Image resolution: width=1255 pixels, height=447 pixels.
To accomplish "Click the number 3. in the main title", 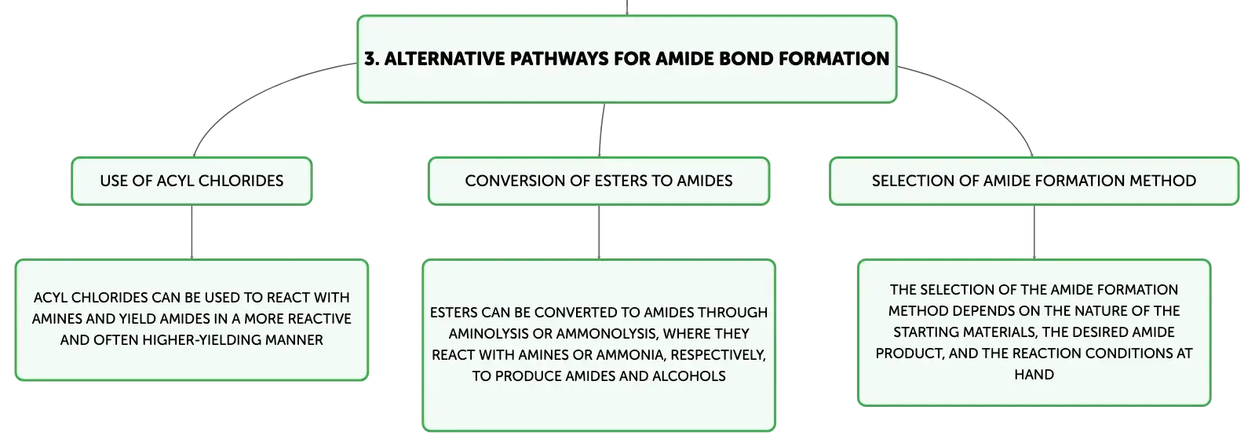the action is [371, 59].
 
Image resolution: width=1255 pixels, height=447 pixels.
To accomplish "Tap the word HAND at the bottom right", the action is [1034, 375].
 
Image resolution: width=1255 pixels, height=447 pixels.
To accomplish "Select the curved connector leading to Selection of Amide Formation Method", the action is [982, 97].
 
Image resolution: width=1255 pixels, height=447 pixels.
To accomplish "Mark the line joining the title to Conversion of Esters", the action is [601, 130].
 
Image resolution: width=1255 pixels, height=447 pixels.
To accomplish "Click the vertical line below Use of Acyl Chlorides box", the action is [192, 232].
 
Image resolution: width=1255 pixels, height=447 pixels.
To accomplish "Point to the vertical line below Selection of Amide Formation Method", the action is [1034, 232].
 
